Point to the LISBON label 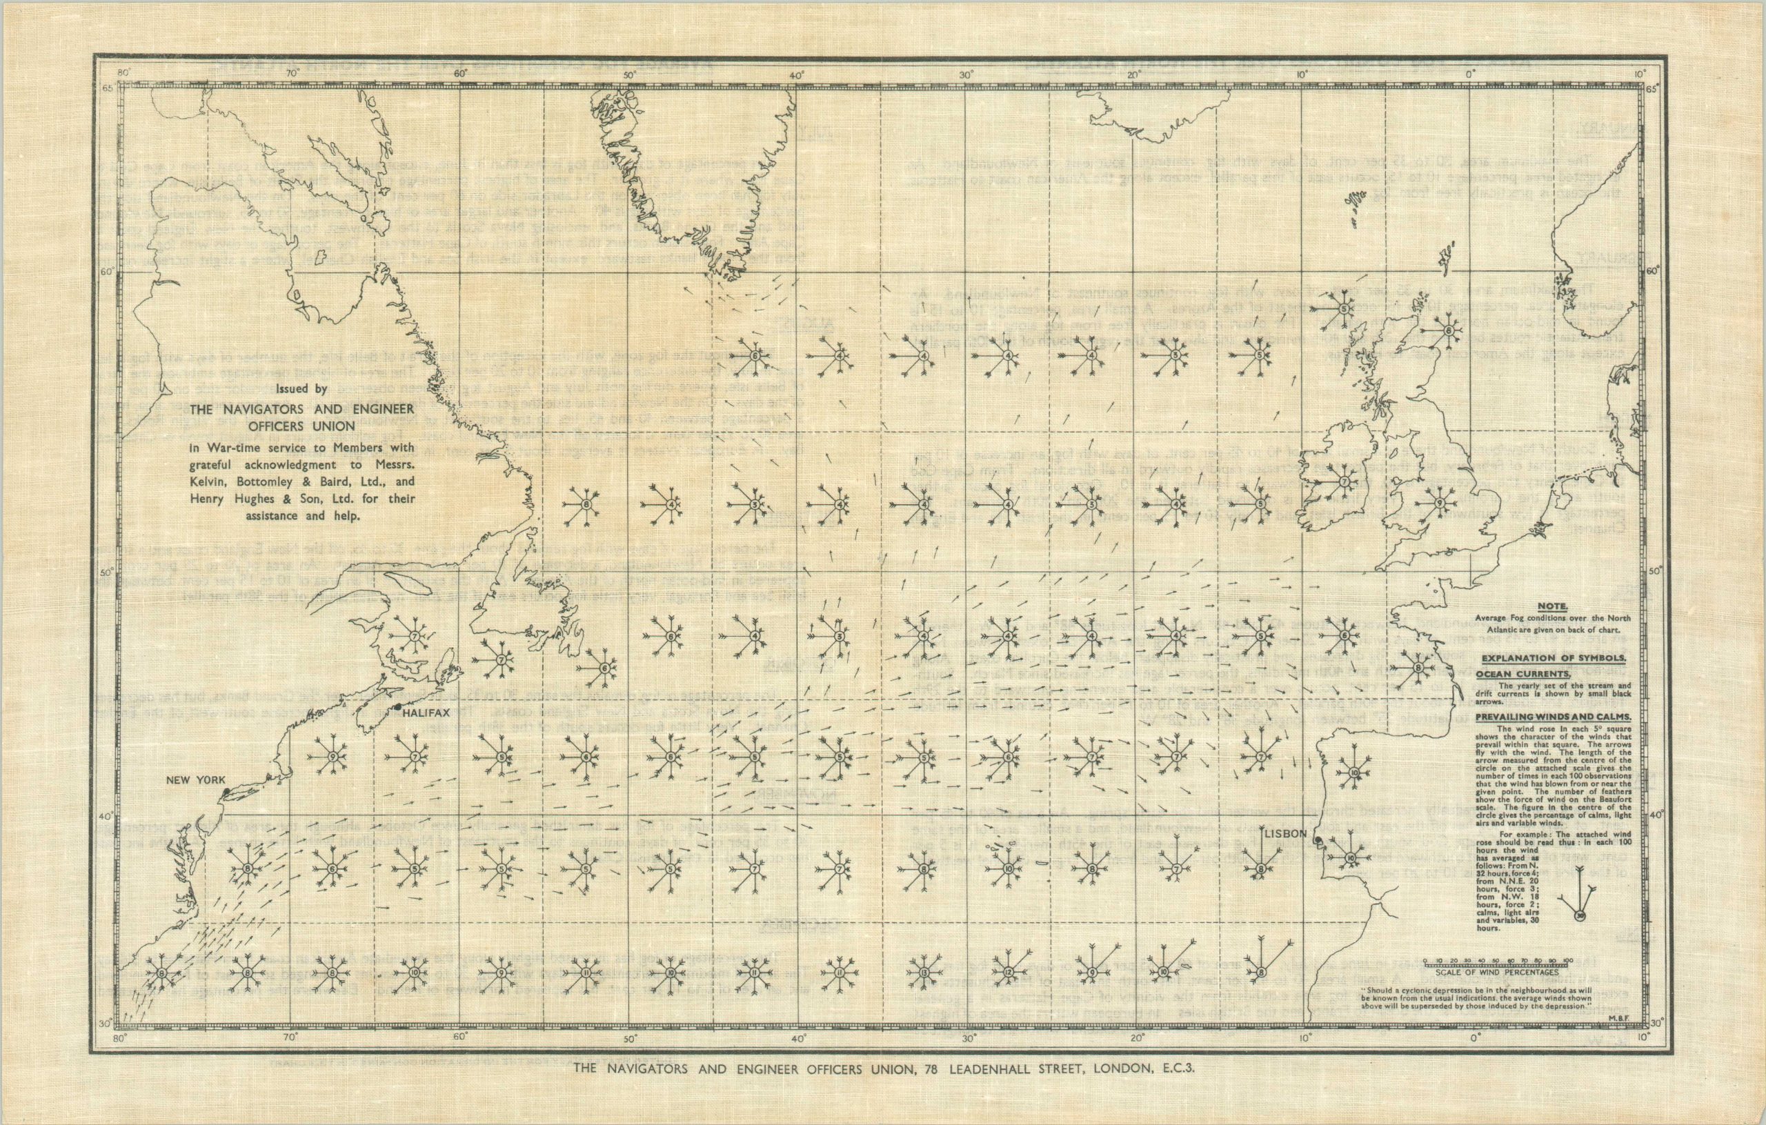(x=1285, y=834)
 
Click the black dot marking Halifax (x=397, y=706)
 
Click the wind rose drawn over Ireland (x=1344, y=482)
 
